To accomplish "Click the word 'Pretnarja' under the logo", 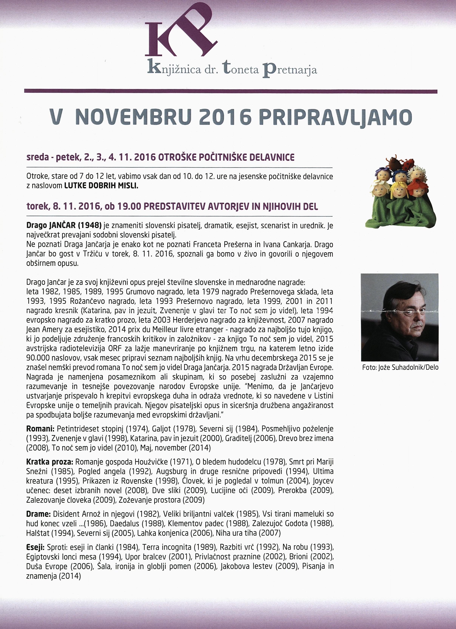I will [289, 69].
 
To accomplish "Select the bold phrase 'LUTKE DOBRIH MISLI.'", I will [101, 186].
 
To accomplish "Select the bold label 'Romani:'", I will [40, 429].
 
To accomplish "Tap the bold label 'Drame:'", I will [38, 514].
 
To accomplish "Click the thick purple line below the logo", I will [231, 91].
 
